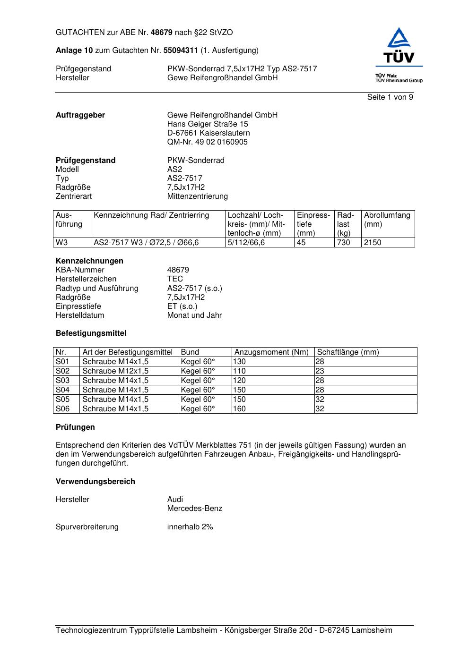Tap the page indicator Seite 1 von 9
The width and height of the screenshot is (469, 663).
[390, 97]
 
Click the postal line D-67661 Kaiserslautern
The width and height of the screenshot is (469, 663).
[208, 133]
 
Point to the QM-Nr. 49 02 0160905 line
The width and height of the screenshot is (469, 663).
[207, 142]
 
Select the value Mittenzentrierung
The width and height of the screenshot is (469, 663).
[197, 196]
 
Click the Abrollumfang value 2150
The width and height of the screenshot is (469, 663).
[373, 243]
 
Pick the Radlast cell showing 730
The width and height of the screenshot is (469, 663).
[344, 243]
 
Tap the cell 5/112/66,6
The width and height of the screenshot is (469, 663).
[246, 243]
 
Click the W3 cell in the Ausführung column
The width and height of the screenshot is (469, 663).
[62, 243]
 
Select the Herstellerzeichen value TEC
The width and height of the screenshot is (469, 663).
[175, 279]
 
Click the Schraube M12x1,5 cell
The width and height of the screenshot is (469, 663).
[115, 371]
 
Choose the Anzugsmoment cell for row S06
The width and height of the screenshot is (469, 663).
[239, 409]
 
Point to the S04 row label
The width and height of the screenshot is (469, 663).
[62, 390]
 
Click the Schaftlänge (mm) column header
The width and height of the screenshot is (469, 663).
[348, 352]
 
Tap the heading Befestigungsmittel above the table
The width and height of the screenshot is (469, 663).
[91, 333]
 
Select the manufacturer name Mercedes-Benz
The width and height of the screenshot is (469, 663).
[194, 509]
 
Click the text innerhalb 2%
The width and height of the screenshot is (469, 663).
[190, 527]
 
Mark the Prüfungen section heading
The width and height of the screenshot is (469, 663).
[75, 427]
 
